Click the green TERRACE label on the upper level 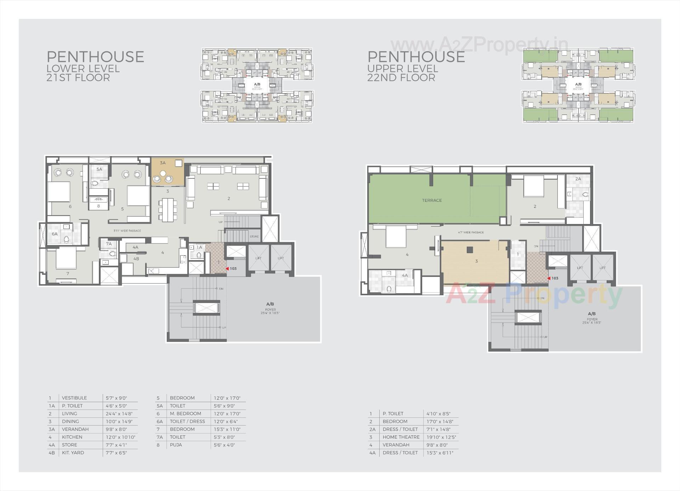432,200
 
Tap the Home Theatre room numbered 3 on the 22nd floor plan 476,261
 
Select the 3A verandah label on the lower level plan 163,163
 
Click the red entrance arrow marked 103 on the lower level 227,269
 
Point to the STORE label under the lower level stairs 254,236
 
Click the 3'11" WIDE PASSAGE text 127,231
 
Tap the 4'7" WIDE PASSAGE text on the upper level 471,233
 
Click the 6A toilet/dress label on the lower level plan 55,234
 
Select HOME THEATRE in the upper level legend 401,437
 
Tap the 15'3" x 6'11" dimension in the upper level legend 440,452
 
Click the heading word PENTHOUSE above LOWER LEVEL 95,57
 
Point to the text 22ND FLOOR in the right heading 401,78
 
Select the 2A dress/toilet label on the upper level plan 578,179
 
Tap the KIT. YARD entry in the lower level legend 73,452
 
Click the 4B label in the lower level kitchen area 136,259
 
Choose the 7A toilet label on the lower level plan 109,244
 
